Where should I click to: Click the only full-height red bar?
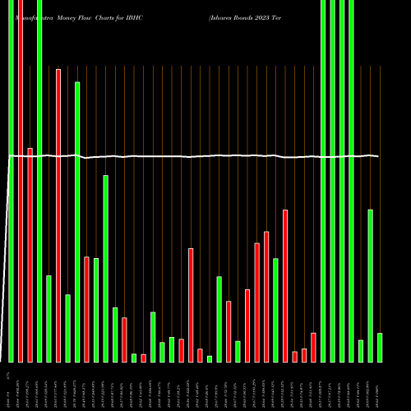tap(21, 181)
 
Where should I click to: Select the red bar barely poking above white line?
tap(30, 255)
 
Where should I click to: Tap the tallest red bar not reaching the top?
tap(58, 215)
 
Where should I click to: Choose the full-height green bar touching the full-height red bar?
tap(12, 181)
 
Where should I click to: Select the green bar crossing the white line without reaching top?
tap(77, 222)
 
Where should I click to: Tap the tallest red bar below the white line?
tap(285, 285)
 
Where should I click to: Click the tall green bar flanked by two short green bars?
tap(219, 319)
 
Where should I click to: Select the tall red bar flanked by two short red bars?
tap(191, 305)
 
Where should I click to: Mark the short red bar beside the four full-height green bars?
tap(313, 347)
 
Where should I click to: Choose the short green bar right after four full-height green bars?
tap(361, 351)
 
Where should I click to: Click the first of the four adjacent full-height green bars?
tap(323, 181)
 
